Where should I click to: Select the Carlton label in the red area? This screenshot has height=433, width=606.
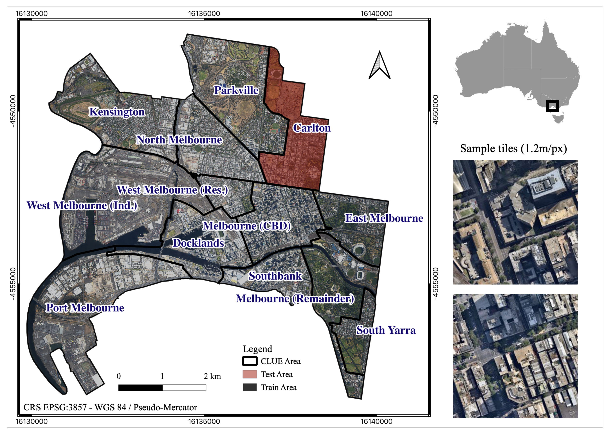(311, 128)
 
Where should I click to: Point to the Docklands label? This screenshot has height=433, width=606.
(198, 243)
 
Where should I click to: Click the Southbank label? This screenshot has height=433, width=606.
(275, 276)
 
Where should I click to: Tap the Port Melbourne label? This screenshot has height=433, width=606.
(85, 308)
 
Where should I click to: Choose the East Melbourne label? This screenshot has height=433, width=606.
(384, 218)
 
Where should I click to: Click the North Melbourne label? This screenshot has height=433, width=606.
(179, 140)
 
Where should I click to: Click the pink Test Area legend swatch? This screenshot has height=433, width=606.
(250, 374)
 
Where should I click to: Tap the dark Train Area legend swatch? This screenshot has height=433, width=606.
(250, 387)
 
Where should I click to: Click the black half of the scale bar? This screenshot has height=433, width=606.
(140, 388)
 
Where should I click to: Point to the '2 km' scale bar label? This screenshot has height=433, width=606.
(212, 376)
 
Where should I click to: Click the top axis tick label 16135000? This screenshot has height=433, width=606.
(204, 14)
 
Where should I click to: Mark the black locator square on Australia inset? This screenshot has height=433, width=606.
(552, 106)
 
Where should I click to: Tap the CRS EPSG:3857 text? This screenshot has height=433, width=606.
(110, 407)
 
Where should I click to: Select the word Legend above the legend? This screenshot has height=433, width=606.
(257, 349)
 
